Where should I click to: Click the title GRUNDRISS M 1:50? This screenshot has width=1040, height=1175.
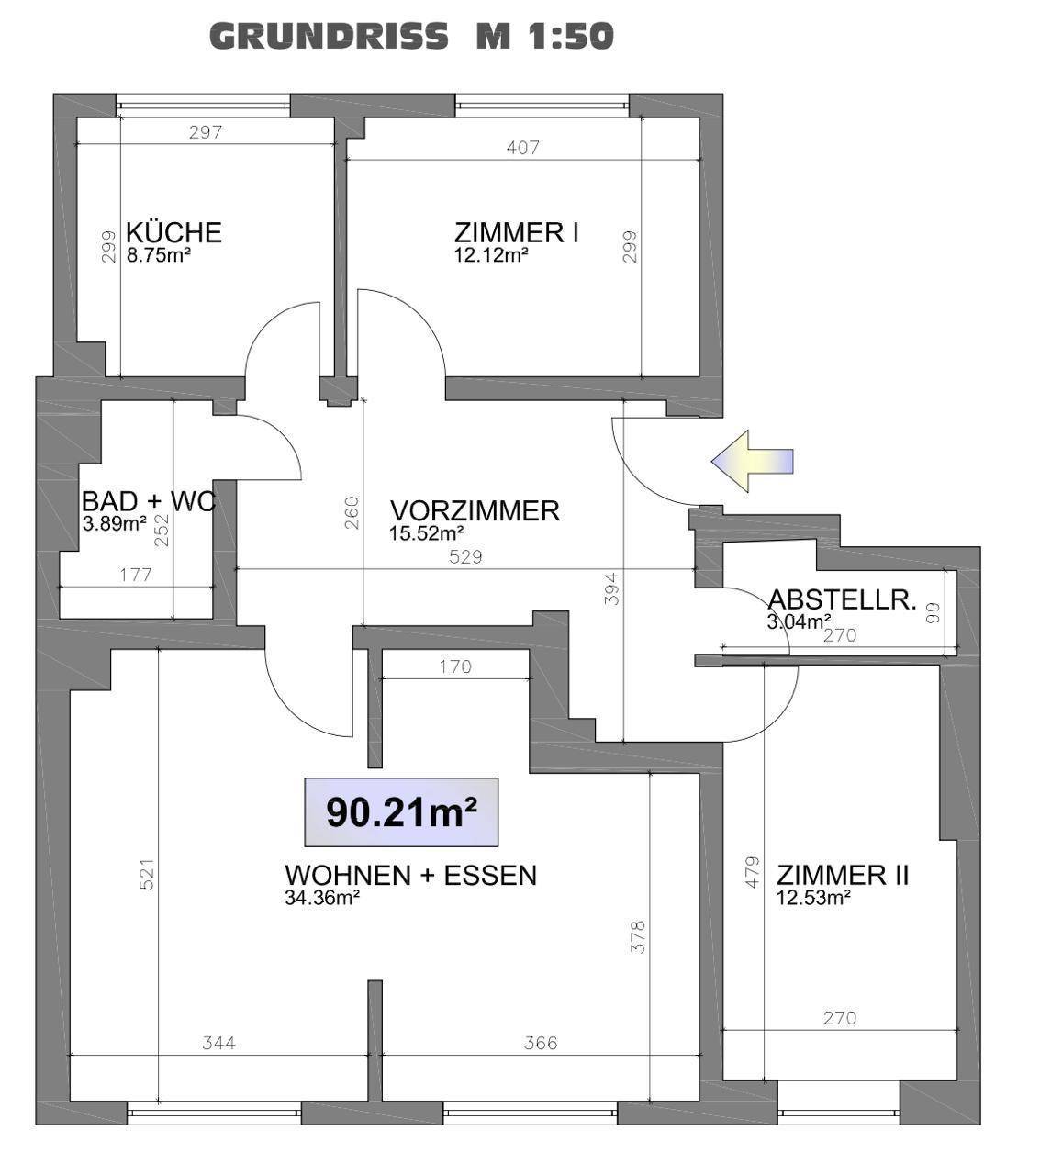coord(411,36)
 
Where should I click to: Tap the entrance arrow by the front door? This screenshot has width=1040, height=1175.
coord(752,461)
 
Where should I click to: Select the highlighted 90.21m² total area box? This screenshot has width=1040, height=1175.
coord(401,812)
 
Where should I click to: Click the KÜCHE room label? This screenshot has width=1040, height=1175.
coord(173,232)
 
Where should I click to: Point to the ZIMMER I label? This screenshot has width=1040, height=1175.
coord(516,232)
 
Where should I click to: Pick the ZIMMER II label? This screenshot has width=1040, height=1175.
coord(843,875)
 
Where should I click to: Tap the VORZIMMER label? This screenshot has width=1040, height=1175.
coord(475,511)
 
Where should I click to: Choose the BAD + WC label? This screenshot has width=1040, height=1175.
coord(149,501)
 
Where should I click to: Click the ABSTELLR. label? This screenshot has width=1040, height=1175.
coord(842,599)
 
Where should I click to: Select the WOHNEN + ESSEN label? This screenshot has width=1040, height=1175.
coord(410,875)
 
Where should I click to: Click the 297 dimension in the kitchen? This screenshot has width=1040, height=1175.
coord(206,132)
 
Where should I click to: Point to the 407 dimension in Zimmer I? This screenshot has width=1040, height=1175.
coord(522,148)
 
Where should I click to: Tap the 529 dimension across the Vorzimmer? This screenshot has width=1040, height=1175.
coord(465,557)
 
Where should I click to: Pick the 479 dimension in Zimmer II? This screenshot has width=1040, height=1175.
coord(752,872)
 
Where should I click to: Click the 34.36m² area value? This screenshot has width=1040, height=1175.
coord(322,898)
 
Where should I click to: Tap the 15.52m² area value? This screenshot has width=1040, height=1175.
coord(426,533)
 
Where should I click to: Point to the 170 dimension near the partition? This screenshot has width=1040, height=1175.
coord(455,667)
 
